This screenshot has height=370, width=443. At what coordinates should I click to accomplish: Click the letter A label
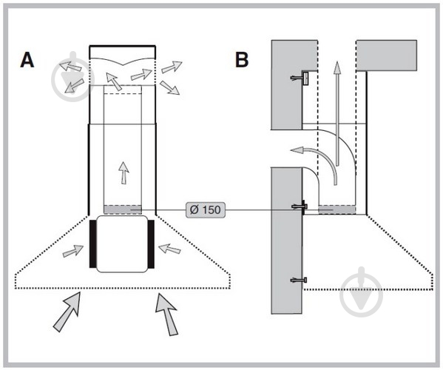coord(27,60)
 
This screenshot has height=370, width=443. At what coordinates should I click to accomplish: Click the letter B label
coord(242,60)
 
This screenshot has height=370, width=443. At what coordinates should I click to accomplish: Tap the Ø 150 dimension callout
coord(206,210)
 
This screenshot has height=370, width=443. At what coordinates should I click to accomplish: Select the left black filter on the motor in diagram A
coord(93,243)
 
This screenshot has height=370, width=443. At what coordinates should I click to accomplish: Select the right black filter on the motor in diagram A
coord(151,243)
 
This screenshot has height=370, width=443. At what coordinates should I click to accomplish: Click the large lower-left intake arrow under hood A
coord(67,311)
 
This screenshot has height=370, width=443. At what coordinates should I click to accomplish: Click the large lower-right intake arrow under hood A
coord(166,314)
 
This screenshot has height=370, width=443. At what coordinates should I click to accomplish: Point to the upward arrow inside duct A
coord(124,172)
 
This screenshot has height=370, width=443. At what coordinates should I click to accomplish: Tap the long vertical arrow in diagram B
coord(337,113)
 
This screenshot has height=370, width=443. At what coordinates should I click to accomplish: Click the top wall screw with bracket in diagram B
coord(300,78)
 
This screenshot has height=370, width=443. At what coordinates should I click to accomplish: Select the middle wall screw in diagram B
coord(300,207)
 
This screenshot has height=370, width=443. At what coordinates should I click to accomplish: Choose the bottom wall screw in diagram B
coord(299,280)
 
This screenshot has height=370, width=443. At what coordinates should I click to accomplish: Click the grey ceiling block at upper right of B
coord(387,55)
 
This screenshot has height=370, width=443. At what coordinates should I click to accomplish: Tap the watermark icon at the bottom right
coord(361,292)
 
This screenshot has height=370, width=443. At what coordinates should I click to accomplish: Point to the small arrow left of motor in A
coord(73,251)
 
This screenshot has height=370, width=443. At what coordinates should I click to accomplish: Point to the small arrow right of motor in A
coord(169,249)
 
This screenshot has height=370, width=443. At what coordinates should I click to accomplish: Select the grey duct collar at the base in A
coord(123,209)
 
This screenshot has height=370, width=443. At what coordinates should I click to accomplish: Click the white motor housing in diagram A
coord(122,244)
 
